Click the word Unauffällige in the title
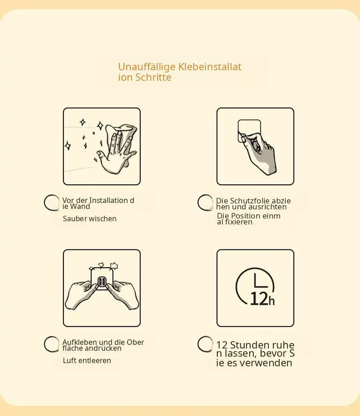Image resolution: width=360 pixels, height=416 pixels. coord(147,68)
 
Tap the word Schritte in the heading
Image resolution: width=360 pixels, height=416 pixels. coord(154,78)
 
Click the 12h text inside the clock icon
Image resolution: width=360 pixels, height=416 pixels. coord(262,299)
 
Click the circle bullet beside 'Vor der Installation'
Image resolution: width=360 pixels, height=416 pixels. coord(51,203)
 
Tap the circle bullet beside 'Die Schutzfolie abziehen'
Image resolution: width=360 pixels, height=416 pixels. coord(205,203)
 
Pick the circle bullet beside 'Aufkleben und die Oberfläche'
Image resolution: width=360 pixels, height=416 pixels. coord(51,344)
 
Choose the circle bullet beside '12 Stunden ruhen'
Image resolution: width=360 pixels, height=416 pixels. coord(205,344)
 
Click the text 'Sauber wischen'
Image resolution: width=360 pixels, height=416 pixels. coord(90,218)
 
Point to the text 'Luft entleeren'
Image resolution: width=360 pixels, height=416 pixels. coord(87,360)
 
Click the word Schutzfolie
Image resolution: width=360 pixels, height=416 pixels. coord(247,201)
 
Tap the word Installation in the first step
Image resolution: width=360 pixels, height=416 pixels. coord(108,200)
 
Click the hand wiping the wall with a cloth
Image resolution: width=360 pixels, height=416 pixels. coord(117,149)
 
